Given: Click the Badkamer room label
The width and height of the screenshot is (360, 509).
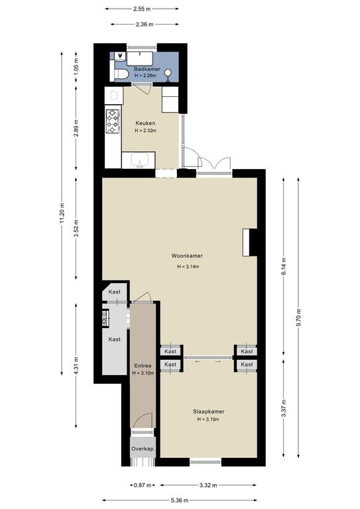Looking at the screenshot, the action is click(147, 69).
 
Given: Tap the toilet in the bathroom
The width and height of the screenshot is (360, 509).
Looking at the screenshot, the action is click(119, 75).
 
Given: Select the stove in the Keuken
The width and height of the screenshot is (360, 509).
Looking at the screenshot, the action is click(112, 121).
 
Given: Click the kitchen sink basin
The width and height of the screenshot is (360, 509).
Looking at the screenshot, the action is click(140, 160).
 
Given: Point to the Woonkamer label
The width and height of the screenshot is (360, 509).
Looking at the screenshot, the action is click(187, 256).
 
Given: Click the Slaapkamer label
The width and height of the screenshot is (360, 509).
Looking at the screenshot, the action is click(209, 412).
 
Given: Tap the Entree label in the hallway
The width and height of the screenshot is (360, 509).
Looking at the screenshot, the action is click(143, 366).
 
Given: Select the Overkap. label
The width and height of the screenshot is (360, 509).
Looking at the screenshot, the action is click(143, 449).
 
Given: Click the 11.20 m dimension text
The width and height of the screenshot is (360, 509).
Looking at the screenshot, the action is click(62, 213).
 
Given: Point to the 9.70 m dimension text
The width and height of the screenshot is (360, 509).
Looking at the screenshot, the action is click(298, 317).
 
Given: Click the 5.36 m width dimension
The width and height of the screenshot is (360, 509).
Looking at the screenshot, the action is click(180, 500).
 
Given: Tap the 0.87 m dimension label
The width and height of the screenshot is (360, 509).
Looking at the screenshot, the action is click(143, 485).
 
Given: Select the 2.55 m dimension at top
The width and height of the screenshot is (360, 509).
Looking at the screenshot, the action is click(142, 9).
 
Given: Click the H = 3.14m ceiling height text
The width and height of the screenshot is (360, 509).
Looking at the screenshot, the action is click(188, 267).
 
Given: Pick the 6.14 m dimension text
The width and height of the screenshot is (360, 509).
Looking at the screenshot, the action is click(284, 266).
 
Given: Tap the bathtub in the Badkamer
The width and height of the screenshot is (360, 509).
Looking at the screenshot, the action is click(140, 58).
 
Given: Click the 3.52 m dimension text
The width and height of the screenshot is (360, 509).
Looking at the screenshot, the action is click(76, 229).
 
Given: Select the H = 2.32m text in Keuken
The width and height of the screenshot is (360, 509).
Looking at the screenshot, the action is click(145, 131).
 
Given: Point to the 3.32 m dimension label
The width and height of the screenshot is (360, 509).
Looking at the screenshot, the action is click(208, 485).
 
